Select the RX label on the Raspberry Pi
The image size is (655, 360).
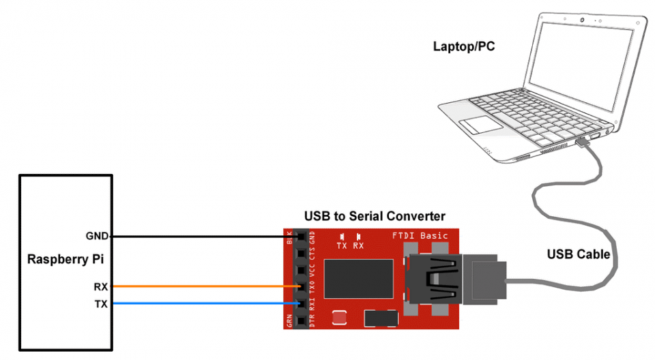click(x=100, y=286)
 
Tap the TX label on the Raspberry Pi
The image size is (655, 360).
click(x=100, y=304)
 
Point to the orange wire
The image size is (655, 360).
click(x=205, y=286)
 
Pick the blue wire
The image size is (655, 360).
click(x=205, y=304)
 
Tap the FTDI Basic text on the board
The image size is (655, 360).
click(x=420, y=236)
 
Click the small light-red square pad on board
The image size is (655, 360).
click(x=338, y=317)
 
